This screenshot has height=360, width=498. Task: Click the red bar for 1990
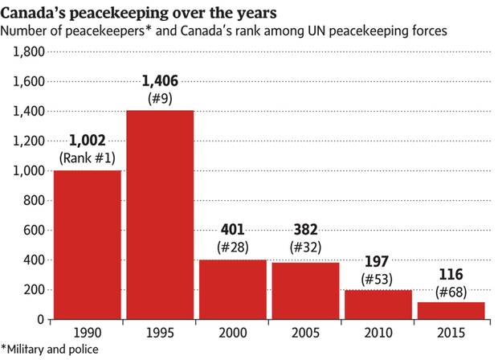pos(87,244)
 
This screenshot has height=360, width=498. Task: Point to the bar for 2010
pos(378,305)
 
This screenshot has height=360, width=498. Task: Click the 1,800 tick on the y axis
pos(27,51)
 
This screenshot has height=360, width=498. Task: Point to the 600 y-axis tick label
pos(32,231)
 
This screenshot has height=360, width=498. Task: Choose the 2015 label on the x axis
pos(451,332)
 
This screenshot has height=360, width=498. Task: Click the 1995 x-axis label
pos(159,332)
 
